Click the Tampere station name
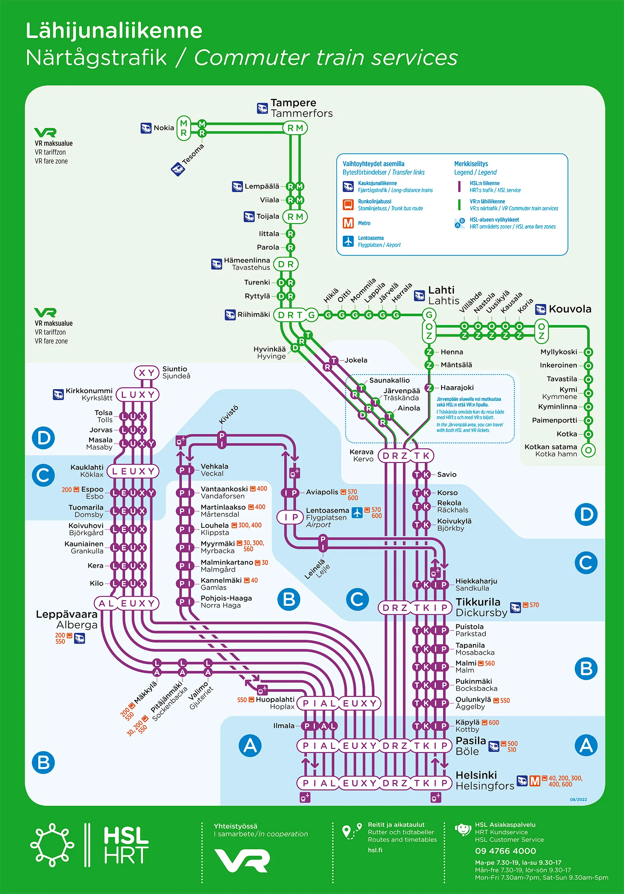coord(293,103)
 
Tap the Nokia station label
coord(164,128)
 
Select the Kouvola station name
coord(570,309)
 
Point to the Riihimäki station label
coord(254,314)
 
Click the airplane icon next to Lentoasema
coord(357,512)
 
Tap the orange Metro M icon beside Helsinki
coord(535,781)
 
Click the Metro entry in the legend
coord(364,223)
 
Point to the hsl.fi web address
coord(375,850)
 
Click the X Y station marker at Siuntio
coord(146,373)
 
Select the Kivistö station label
coord(229,415)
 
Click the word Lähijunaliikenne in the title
coord(114,30)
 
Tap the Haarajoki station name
coord(457,387)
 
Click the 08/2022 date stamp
coord(578,799)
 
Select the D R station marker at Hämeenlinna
coord(286,264)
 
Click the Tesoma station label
coord(193,154)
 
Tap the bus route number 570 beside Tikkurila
coord(534,605)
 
